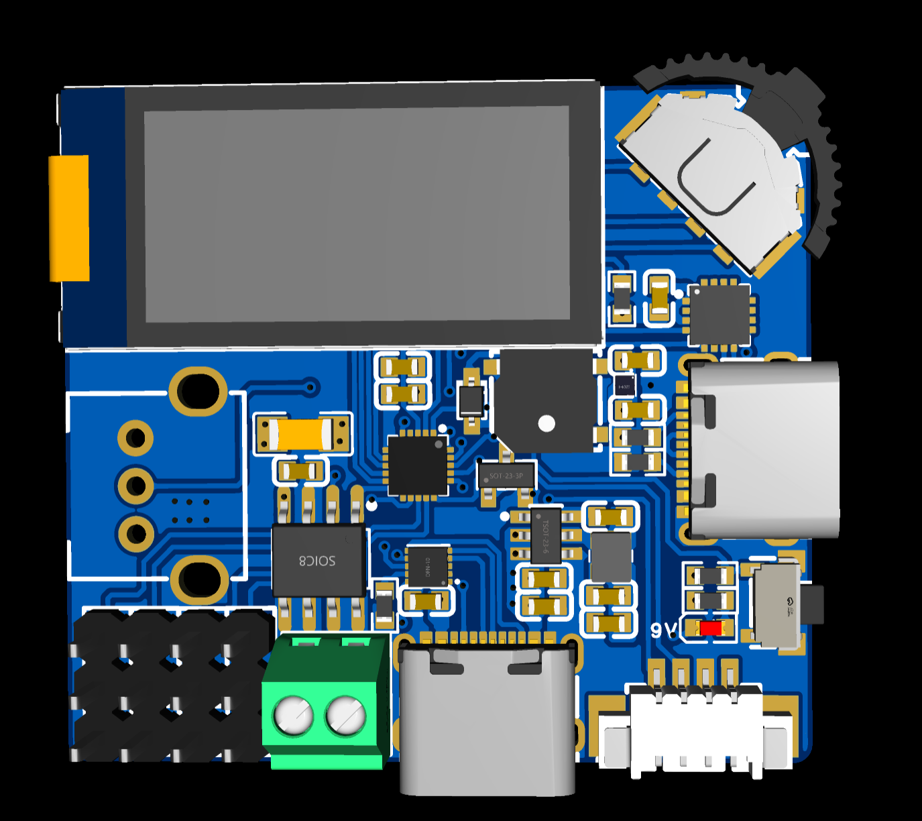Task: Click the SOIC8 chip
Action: pyautogui.click(x=319, y=561)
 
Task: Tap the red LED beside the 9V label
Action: pyautogui.click(x=711, y=628)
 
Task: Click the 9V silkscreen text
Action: pyautogui.click(x=663, y=630)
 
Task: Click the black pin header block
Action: pyautogui.click(x=171, y=684)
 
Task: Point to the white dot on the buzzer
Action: pyautogui.click(x=546, y=423)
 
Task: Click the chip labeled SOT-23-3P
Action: pyautogui.click(x=506, y=476)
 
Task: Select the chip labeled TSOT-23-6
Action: pyautogui.click(x=545, y=536)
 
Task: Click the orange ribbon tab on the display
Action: pyautogui.click(x=69, y=218)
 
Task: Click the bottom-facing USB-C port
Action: pyautogui.click(x=487, y=718)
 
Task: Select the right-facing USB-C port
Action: pyautogui.click(x=764, y=449)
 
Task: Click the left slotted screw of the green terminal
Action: pyautogui.click(x=293, y=716)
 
